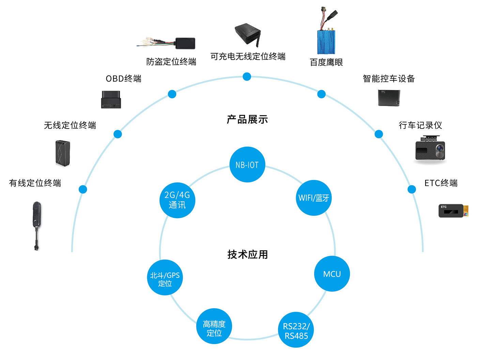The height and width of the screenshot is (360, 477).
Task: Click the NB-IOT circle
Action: (x=247, y=165)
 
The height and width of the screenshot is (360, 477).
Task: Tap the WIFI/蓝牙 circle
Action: (x=313, y=198)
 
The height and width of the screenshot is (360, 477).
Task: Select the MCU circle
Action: (x=332, y=274)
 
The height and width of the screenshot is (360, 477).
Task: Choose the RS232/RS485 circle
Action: (x=296, y=330)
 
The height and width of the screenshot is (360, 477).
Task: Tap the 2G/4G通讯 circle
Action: (x=177, y=200)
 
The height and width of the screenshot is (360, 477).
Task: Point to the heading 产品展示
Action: (x=247, y=119)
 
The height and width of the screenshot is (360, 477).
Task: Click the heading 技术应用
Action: (x=247, y=254)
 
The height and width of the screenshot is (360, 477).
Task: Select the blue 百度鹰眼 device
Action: (x=326, y=41)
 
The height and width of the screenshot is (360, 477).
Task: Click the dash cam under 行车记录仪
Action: (x=430, y=149)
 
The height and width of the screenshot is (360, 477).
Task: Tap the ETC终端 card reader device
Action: (x=452, y=211)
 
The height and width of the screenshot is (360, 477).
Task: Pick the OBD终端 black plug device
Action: (x=111, y=99)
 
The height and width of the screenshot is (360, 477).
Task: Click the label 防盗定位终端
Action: (x=171, y=62)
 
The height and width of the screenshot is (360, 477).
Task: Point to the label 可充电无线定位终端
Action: (x=248, y=56)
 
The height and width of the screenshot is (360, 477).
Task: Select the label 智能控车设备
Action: (x=388, y=79)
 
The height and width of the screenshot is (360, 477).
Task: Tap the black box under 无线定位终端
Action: (x=63, y=153)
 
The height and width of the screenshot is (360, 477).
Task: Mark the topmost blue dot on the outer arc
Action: (x=247, y=76)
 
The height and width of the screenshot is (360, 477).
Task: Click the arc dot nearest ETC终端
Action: (x=412, y=189)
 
